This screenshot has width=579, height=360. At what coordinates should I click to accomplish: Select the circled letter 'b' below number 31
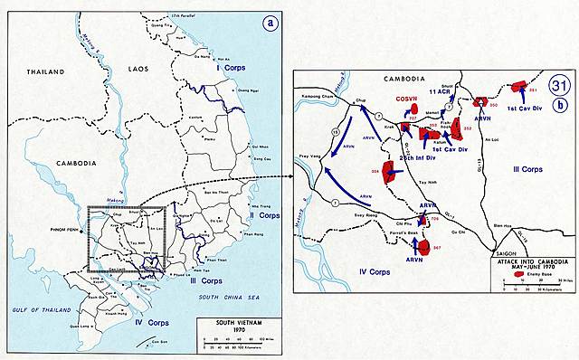pos(560,105)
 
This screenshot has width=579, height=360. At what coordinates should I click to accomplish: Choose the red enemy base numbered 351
pos(519,87)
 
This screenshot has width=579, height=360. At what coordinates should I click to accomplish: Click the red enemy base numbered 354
pos(391,171)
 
